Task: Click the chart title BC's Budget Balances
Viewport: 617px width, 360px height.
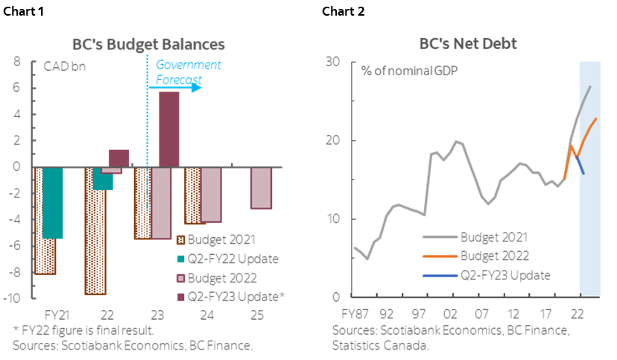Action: [x=148, y=44]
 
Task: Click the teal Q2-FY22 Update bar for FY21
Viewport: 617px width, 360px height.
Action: [x=51, y=203]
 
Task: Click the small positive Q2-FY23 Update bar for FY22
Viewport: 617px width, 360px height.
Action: [x=118, y=158]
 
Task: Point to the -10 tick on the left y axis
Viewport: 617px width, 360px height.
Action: [x=14, y=298]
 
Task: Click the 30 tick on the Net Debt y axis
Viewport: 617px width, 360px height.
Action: [x=332, y=62]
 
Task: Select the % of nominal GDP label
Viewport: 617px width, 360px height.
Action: [x=409, y=72]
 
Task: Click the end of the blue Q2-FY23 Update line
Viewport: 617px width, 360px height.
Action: [x=583, y=174]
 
